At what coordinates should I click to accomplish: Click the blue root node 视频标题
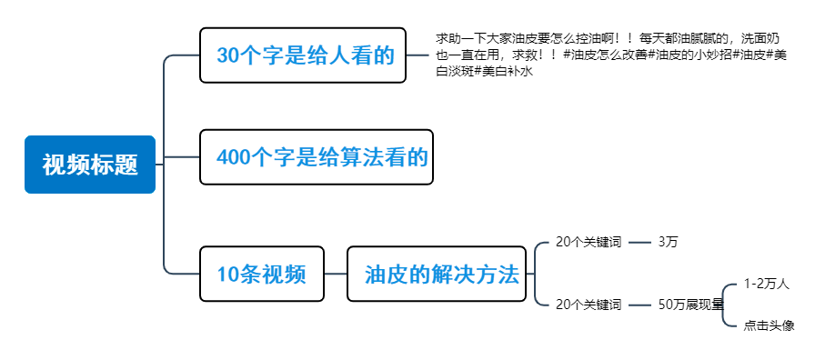coord(90,165)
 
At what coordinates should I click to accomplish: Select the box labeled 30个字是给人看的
coord(303,55)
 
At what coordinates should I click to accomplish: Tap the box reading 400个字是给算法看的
coord(316,157)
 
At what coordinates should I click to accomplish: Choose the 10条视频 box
coord(261,274)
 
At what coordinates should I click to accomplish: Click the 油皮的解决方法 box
coord(441,274)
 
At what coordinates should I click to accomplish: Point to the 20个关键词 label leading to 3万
coord(588,242)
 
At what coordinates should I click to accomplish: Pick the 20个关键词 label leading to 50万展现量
coord(588,305)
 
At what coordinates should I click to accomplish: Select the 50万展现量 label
coord(690,305)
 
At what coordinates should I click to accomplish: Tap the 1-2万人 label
coord(766,284)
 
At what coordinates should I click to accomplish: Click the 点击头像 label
coord(769,325)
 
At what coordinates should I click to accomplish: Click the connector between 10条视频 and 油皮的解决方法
coord(335,274)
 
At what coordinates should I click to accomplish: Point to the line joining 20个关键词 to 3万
coord(639,242)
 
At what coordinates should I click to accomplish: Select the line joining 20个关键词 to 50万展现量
coord(639,305)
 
